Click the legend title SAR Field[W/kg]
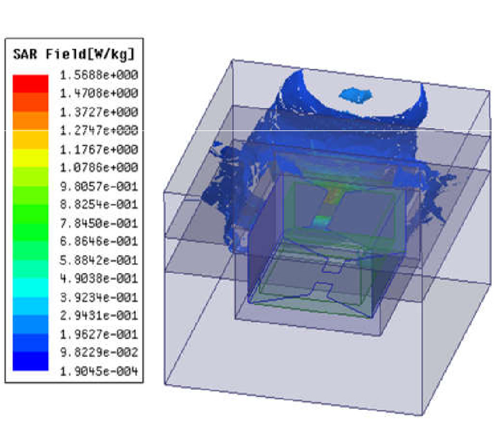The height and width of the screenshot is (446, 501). (73, 55)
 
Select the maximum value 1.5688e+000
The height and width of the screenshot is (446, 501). (99, 75)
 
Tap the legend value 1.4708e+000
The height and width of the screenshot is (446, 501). (99, 94)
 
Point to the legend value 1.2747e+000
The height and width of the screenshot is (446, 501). (99, 130)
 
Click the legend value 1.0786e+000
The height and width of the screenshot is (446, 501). (99, 168)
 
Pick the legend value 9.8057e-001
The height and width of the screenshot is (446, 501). (99, 186)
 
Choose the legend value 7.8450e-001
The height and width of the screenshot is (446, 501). (99, 224)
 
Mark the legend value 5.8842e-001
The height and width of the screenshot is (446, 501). (99, 260)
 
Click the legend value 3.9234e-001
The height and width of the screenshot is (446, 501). (99, 297)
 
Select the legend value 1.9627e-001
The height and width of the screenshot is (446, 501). (99, 334)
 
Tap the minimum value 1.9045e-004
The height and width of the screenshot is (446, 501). (99, 371)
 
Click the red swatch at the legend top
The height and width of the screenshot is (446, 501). (31, 84)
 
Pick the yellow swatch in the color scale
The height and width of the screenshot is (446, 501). (31, 158)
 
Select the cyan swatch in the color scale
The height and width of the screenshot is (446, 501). (31, 288)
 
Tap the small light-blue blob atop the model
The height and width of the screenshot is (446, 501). (356, 96)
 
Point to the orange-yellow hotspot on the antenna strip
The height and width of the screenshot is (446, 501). (333, 195)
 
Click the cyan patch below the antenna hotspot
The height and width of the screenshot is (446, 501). (322, 221)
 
